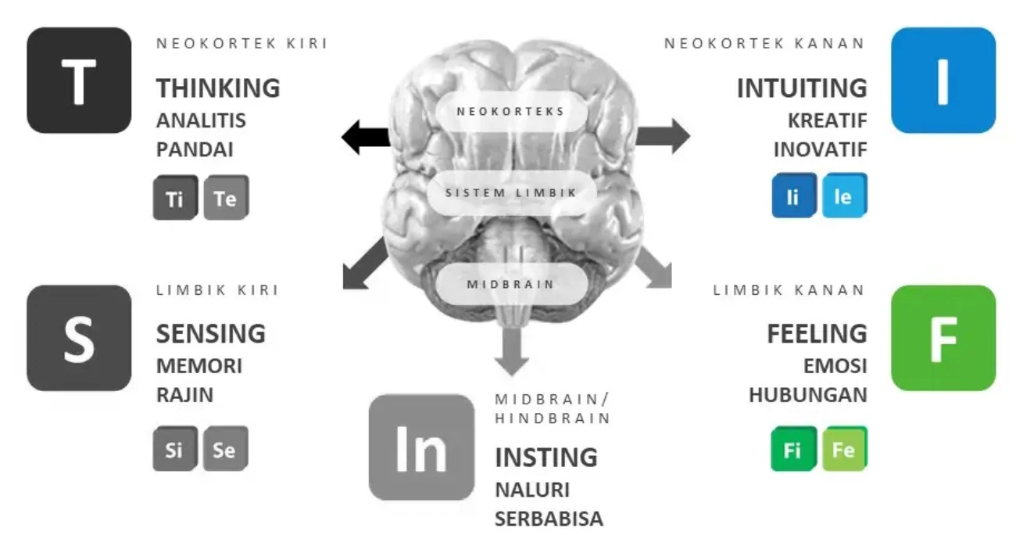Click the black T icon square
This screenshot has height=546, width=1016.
tap(79, 80)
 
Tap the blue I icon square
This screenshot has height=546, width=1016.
tap(943, 80)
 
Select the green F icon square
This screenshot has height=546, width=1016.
tap(943, 338)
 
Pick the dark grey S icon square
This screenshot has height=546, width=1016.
tap(79, 338)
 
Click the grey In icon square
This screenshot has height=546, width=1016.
tap(421, 447)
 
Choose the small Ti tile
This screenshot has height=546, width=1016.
tap(174, 198)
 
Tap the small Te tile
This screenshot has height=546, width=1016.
tap(225, 198)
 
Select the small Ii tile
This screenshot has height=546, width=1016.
tap(792, 196)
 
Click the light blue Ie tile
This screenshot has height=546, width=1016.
tap(843, 196)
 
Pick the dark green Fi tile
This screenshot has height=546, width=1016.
tap(792, 449)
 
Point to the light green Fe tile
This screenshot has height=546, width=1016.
tap(843, 449)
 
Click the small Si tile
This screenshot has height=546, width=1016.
tap(174, 449)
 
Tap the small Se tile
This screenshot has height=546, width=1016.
tap(225, 449)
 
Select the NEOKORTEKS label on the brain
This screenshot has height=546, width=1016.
tap(510, 111)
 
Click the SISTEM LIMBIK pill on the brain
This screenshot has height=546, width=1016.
tap(511, 192)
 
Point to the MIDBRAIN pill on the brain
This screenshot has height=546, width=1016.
tap(511, 283)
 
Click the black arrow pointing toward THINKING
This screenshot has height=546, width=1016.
tap(366, 138)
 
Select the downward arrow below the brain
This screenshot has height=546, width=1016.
tap(511, 350)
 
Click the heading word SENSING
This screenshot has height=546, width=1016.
tap(211, 333)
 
